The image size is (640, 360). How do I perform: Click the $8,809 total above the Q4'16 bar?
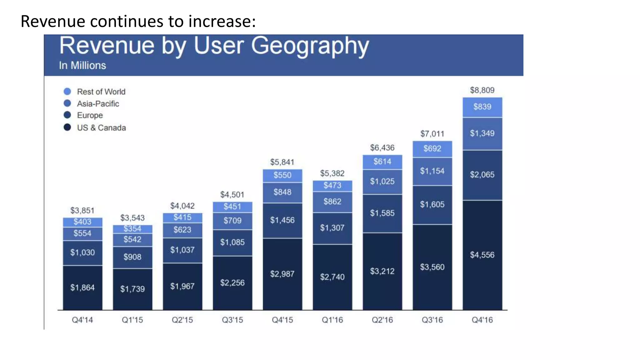482,90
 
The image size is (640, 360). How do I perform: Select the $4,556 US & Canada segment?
482,255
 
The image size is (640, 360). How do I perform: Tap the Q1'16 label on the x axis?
332,320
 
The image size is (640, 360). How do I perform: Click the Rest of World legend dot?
67,92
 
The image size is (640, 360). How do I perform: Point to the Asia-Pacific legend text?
98,104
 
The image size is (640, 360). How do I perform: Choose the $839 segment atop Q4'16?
482,107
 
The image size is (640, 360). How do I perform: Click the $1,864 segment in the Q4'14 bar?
82,287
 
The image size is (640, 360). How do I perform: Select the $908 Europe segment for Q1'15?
132,257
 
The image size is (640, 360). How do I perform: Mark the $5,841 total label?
282,162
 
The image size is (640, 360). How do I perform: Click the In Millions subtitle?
82,65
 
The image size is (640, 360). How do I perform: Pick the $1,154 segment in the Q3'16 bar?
432,171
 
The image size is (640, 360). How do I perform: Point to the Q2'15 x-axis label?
182,320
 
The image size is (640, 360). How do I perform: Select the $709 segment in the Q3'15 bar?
232,221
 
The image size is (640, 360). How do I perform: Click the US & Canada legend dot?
67,127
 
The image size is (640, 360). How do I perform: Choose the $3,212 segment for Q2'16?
382,271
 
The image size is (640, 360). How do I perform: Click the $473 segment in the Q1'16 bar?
332,185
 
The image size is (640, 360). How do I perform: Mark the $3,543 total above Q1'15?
132,218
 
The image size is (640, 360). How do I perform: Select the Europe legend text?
90,115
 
